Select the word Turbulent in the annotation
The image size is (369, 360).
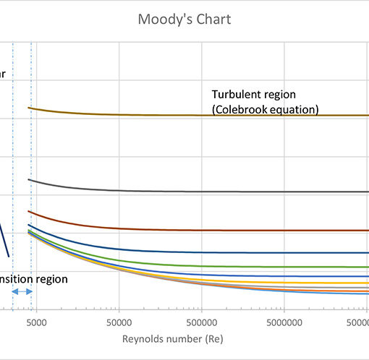click(x=235, y=95)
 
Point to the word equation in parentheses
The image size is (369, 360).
click(x=294, y=110)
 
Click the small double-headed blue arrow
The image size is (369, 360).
click(x=22, y=291)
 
